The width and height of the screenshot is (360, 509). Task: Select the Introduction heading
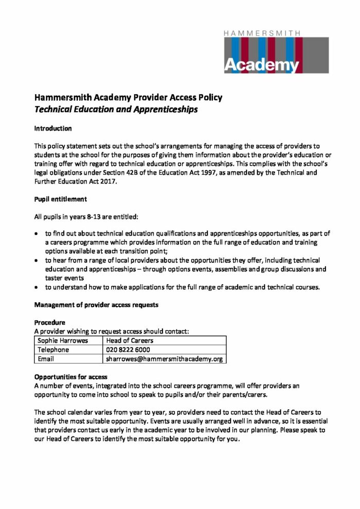pyautogui.click(x=53, y=128)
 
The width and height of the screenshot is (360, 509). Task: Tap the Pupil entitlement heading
pyautogui.click(x=60, y=198)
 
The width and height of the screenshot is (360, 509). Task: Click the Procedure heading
pyautogui.click(x=50, y=323)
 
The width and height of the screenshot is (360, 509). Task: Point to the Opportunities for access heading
pyautogui.click(x=70, y=377)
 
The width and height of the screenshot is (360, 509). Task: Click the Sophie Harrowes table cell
pyautogui.click(x=63, y=340)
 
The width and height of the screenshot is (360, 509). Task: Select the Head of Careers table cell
pyautogui.click(x=130, y=340)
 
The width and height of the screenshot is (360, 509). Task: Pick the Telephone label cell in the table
pyautogui.click(x=53, y=350)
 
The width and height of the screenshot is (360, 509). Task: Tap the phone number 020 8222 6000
pyautogui.click(x=128, y=350)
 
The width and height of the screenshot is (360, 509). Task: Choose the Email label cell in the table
pyautogui.click(x=46, y=359)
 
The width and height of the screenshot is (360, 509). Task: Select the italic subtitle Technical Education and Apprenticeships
pyautogui.click(x=116, y=109)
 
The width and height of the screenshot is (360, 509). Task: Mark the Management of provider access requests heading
pyautogui.click(x=96, y=305)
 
